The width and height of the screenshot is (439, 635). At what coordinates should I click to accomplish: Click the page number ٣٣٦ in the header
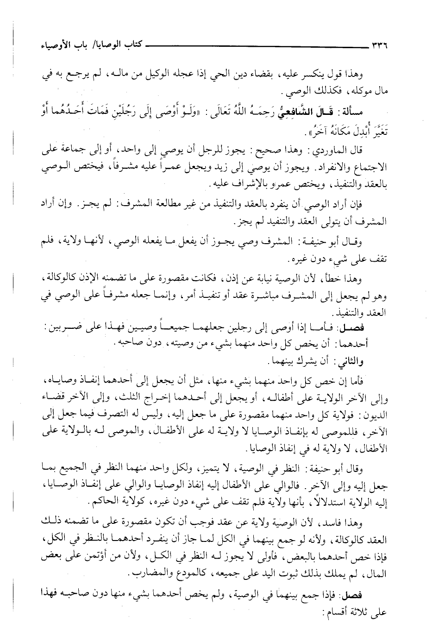(376, 46)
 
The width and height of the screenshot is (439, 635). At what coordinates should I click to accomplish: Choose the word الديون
(374, 412)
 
